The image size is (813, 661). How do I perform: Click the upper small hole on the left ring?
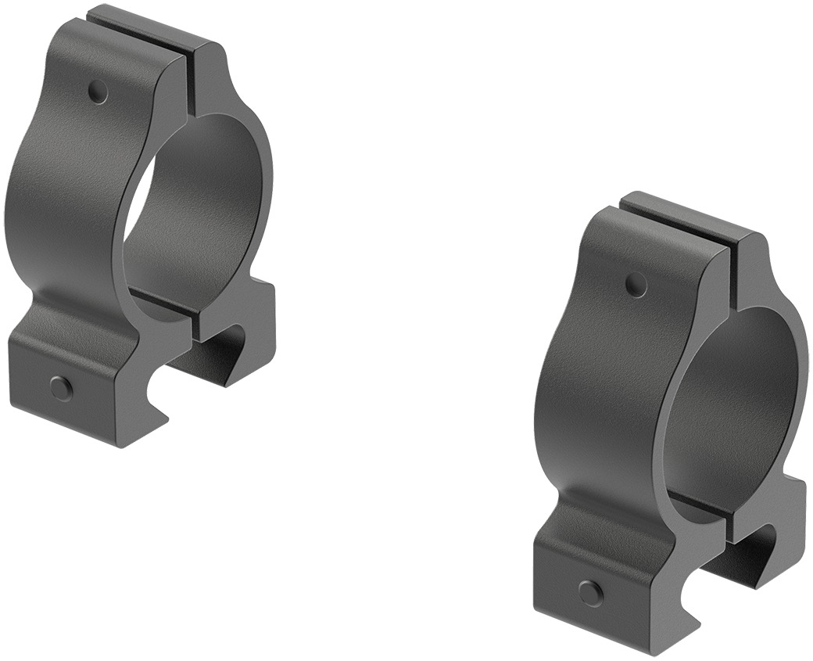[97, 92]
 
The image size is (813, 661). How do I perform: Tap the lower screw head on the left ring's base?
[60, 387]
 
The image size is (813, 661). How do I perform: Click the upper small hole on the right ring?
[636, 286]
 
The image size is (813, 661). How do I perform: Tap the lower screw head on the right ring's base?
[590, 592]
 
